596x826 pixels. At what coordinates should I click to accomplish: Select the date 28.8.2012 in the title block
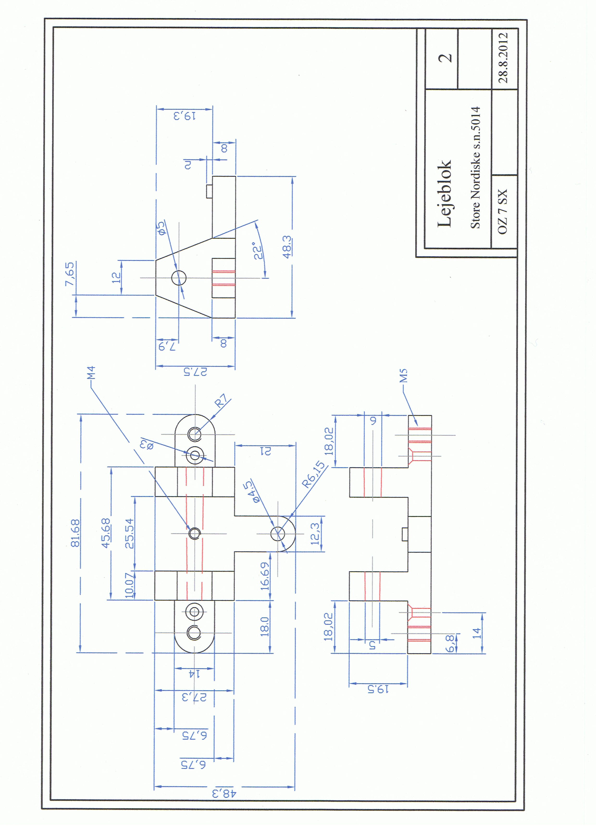point(503,58)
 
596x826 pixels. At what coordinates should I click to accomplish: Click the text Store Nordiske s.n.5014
point(475,168)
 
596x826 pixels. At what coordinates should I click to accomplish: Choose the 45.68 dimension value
point(106,534)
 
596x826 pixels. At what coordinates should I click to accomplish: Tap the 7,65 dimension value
point(69,274)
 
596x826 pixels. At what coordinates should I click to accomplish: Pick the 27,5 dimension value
point(195,372)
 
